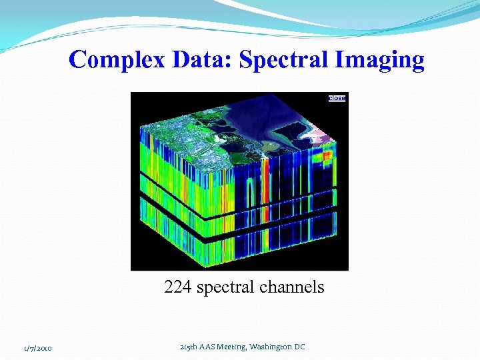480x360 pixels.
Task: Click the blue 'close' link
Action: [337, 98]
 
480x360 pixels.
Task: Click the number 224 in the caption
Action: [178, 287]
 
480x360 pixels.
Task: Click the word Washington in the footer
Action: [275, 347]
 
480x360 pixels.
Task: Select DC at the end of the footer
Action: [299, 347]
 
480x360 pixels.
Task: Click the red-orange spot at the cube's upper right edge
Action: [327, 156]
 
